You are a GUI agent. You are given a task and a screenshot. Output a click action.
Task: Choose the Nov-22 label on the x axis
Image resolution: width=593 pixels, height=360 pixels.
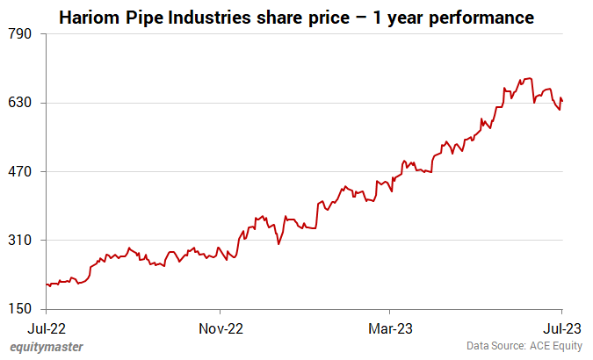pos(221,328)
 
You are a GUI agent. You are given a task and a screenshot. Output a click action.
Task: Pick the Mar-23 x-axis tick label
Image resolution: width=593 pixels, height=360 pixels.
pos(390,328)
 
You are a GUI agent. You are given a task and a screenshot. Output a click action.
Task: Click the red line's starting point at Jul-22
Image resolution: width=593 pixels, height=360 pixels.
pos(46,284)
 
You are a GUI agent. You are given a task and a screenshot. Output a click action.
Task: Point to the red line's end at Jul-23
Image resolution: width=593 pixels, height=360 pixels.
pos(562,100)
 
